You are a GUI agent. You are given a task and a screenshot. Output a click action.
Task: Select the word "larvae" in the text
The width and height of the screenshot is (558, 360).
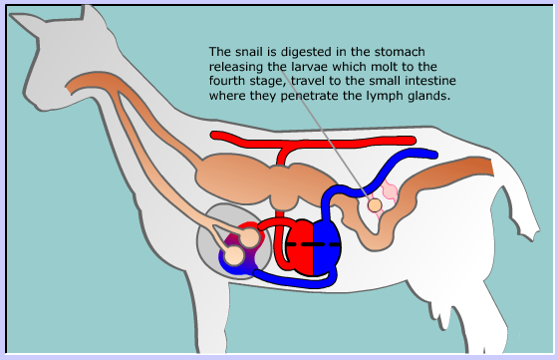click(310, 66)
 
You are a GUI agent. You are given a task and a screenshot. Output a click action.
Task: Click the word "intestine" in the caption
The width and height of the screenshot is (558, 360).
click(430, 81)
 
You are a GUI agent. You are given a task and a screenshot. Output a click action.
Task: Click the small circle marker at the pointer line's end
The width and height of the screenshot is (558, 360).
click(375, 205)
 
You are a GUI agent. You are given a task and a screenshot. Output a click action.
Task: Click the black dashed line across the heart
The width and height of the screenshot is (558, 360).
click(313, 244)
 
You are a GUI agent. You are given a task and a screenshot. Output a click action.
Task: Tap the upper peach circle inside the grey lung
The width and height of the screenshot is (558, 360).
click(250, 237)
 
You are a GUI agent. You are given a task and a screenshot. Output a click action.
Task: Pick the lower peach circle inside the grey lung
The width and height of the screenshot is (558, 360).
click(234, 256)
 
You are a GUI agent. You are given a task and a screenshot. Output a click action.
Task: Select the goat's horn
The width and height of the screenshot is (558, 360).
click(90, 13)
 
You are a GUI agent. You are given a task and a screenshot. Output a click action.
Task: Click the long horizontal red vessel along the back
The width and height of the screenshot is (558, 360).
click(313, 142)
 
